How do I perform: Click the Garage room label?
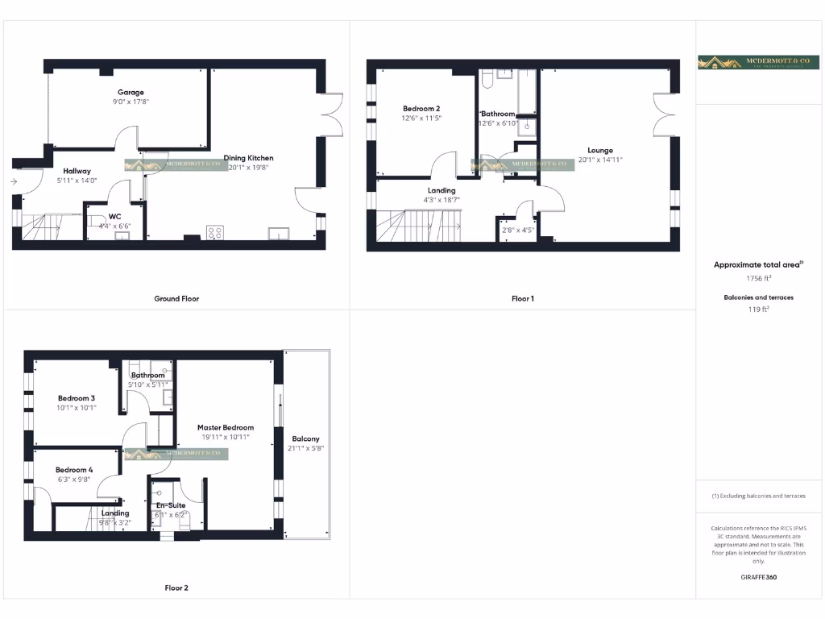(x=131, y=93)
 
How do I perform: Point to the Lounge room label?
(x=600, y=150)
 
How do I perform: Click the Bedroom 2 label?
(x=421, y=108)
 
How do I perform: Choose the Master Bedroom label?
(x=226, y=427)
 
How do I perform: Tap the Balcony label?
(x=305, y=438)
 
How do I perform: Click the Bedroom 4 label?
(x=74, y=470)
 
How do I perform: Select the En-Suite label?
(x=170, y=505)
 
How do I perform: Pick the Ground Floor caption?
(x=176, y=298)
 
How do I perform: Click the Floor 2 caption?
(x=176, y=588)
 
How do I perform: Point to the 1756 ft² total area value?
(x=759, y=278)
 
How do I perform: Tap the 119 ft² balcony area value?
(x=759, y=308)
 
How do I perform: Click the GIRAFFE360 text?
(x=759, y=577)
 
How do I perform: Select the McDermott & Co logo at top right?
(x=759, y=63)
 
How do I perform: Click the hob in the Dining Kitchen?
(x=216, y=233)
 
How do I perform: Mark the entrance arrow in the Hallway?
(x=15, y=181)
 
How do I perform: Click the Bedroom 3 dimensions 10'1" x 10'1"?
(x=77, y=408)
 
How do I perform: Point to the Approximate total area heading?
(x=759, y=264)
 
